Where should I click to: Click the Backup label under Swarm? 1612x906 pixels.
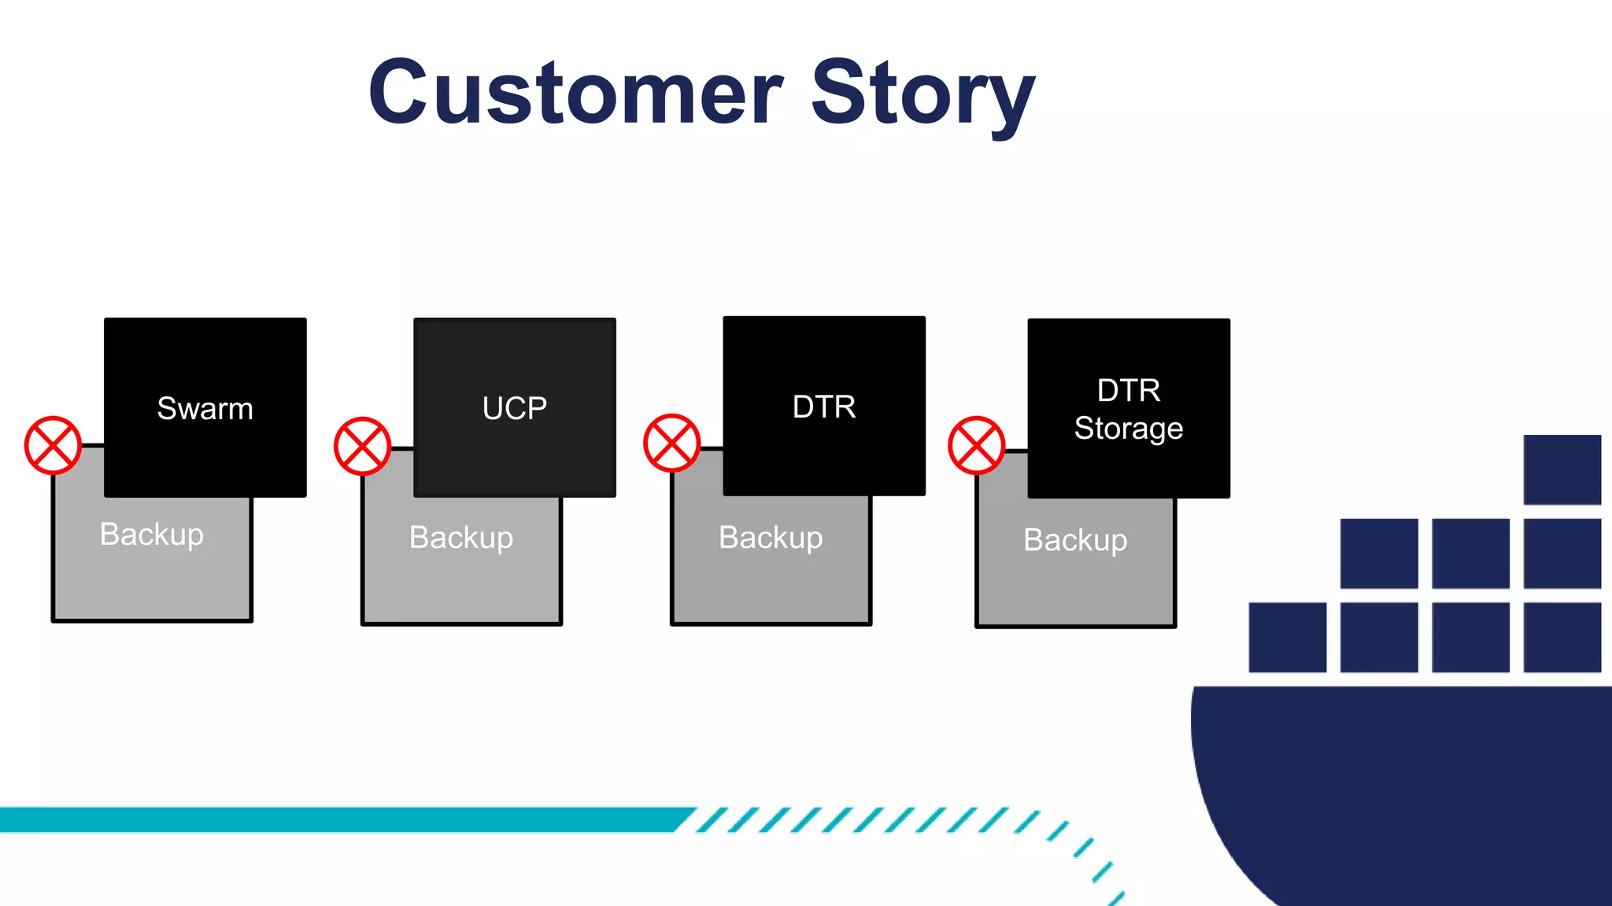[152, 535]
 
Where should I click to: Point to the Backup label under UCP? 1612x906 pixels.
[461, 538]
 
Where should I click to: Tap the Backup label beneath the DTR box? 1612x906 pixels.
[771, 538]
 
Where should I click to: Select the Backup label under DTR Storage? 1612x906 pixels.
[1075, 540]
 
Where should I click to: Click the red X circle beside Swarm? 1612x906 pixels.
[53, 445]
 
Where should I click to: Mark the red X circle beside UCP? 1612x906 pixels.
[362, 446]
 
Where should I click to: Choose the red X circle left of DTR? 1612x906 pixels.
[671, 443]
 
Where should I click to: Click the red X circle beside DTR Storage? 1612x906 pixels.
[976, 445]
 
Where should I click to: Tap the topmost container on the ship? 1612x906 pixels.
[1562, 470]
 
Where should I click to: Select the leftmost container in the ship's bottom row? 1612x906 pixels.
[1287, 637]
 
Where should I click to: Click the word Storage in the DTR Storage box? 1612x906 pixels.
[1128, 429]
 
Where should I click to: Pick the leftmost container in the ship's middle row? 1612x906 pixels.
[1378, 553]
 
